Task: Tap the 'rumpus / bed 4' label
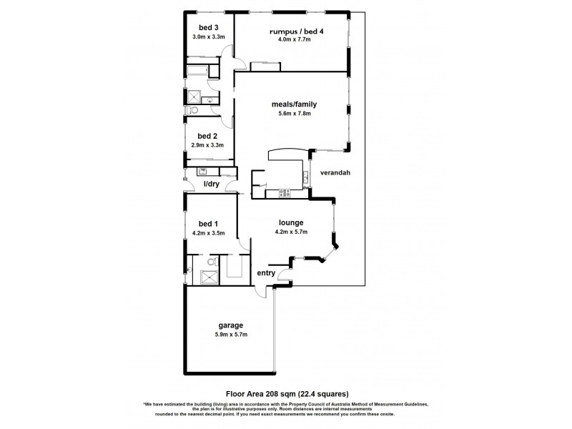tap(293, 32)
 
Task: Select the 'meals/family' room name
tap(293, 104)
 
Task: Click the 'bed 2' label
tap(207, 136)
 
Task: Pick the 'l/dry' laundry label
tap(212, 184)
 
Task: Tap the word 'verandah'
tap(334, 174)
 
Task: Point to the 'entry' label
tap(266, 272)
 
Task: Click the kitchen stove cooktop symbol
tap(285, 192)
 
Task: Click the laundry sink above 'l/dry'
tap(202, 171)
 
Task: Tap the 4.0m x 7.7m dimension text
tap(293, 41)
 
